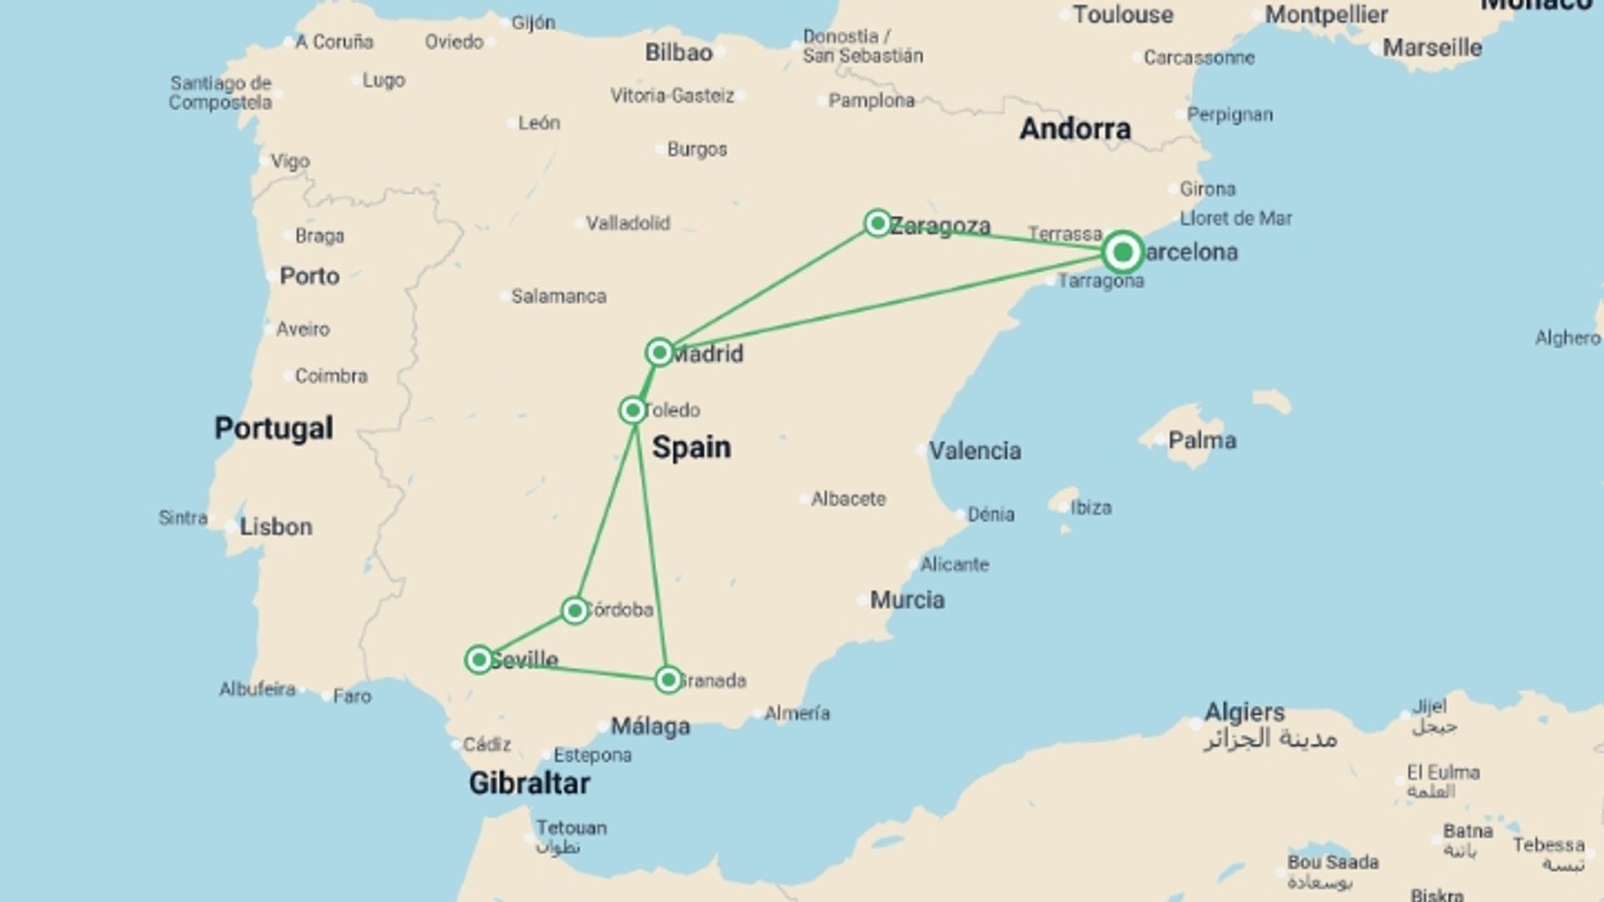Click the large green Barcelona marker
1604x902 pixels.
coord(1122,251)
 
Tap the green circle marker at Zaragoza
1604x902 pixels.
coord(877,223)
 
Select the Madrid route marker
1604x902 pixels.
coord(659,352)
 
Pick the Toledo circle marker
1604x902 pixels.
coord(632,410)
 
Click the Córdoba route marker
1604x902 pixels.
coord(574,611)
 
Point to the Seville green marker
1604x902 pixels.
coord(479,660)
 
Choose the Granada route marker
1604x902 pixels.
coord(667,680)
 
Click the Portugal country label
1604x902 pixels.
coord(273,428)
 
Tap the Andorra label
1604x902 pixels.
coord(1074,129)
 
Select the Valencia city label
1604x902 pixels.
coord(974,451)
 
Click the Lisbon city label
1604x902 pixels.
coord(276,527)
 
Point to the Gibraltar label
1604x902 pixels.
coord(529,783)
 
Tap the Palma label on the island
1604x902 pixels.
coord(1201,440)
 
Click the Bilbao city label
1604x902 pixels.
coord(678,53)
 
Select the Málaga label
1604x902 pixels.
coord(650,727)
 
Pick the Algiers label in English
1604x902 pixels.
coord(1244,712)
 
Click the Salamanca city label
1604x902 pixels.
coord(558,296)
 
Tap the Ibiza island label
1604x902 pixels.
coord(1090,508)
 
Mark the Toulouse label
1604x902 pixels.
coord(1123,14)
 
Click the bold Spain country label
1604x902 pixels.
coord(691,448)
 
